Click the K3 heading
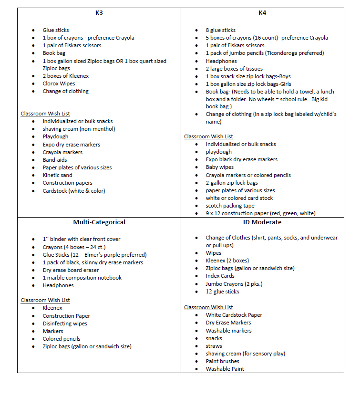click(x=99, y=13)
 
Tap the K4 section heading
click(x=262, y=13)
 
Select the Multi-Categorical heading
click(x=99, y=222)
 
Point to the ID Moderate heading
click(x=262, y=222)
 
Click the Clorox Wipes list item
click(x=59, y=83)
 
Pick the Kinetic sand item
click(x=58, y=175)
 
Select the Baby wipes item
click(x=220, y=167)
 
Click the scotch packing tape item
click(x=230, y=206)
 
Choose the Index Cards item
click(x=220, y=276)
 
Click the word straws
click(x=214, y=346)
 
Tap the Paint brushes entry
click(x=223, y=361)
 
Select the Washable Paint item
click(x=225, y=369)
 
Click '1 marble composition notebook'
click(x=82, y=278)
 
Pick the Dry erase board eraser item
click(x=71, y=270)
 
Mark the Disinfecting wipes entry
click(x=65, y=324)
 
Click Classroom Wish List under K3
click(x=45, y=114)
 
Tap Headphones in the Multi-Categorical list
click(x=58, y=285)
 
